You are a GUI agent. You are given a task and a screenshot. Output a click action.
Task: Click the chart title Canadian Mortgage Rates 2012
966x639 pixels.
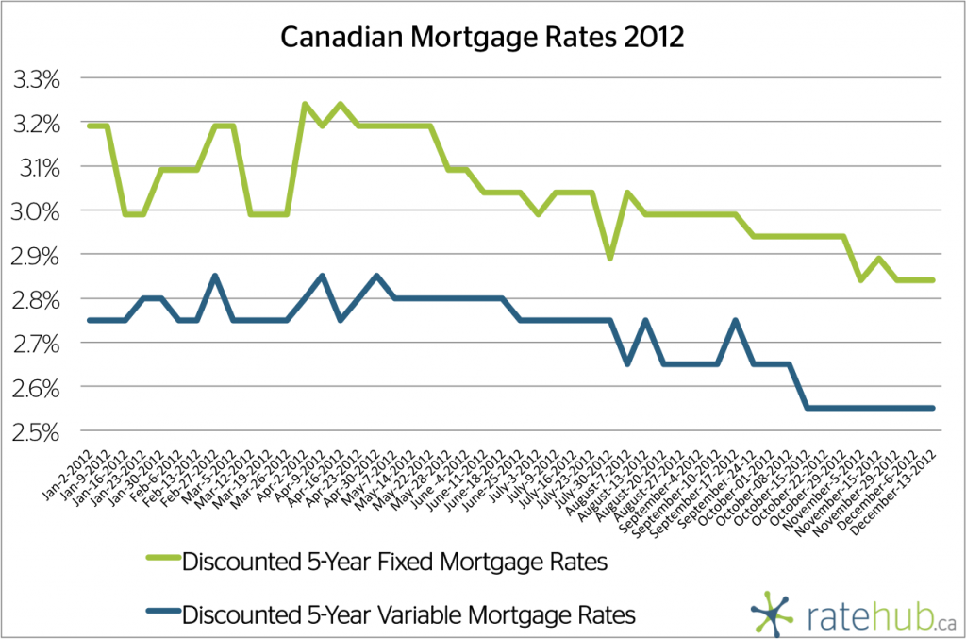(482, 39)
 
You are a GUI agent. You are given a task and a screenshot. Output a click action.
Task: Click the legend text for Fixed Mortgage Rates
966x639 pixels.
(392, 563)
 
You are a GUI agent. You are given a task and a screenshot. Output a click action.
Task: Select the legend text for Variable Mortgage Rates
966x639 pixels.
(408, 614)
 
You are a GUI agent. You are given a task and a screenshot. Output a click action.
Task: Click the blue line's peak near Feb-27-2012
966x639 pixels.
(215, 276)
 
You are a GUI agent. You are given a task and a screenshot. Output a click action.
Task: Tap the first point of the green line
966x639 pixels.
(89, 126)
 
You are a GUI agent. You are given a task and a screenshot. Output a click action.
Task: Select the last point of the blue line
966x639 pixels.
(934, 408)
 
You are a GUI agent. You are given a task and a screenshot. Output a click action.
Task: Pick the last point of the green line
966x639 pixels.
(934, 279)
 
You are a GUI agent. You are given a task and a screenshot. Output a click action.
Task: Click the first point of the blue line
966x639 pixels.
(89, 320)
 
